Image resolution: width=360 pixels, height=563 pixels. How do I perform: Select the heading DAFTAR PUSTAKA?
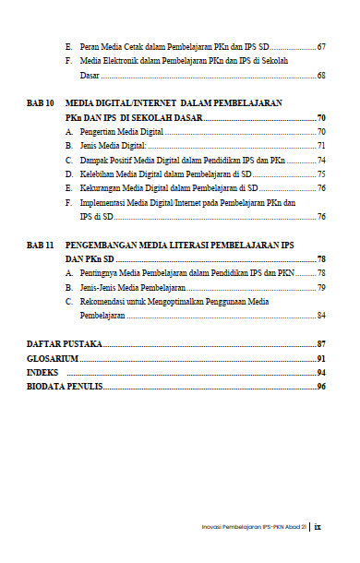point(64,344)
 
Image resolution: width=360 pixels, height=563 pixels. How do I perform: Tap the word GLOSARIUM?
point(52,358)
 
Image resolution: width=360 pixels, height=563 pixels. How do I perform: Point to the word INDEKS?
point(43,372)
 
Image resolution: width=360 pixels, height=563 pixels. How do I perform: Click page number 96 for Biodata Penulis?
point(320,386)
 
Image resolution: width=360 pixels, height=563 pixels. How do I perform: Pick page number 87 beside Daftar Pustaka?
point(320,344)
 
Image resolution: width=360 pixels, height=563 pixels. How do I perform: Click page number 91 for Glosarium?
point(320,358)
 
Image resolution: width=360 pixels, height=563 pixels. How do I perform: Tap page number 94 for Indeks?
point(320,372)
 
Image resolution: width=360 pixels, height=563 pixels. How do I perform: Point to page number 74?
point(320,160)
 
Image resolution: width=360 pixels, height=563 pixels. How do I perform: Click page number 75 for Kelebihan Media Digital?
point(320,174)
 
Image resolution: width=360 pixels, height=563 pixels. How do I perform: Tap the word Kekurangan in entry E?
point(101,187)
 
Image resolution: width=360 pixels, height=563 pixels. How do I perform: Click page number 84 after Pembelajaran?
point(320,315)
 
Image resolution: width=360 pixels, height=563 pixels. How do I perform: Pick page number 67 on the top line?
point(320,46)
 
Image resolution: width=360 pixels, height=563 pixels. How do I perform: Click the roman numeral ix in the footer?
point(318,528)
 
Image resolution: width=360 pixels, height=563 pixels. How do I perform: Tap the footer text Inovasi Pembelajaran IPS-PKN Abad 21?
point(253,529)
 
